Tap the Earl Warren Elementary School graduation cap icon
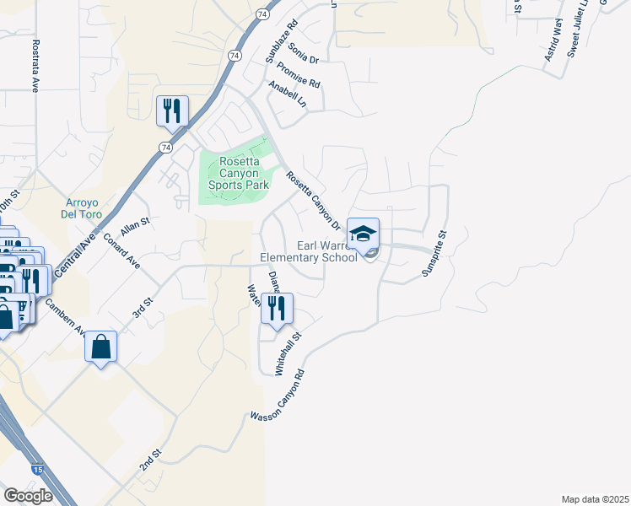click(363, 234)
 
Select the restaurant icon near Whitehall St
click(276, 308)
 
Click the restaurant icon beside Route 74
click(172, 110)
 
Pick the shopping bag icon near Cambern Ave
click(100, 346)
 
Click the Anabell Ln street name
click(287, 95)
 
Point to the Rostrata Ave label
click(35, 65)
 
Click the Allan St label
click(134, 225)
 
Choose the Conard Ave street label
click(121, 251)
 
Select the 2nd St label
click(150, 460)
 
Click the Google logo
click(28, 496)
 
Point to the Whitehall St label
click(289, 353)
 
